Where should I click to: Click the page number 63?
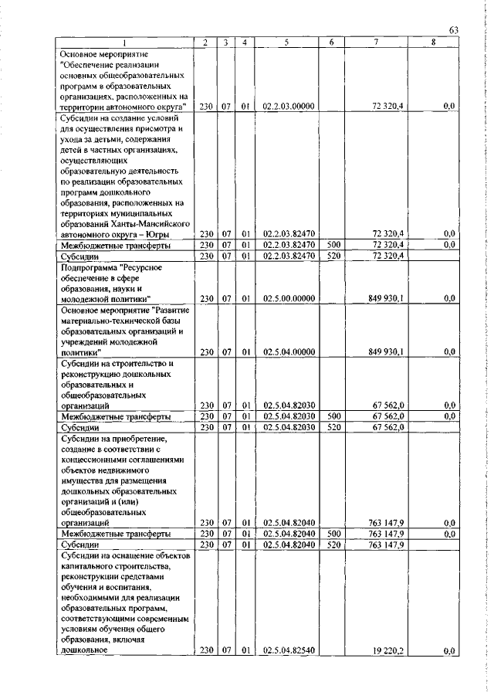(x=455, y=29)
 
